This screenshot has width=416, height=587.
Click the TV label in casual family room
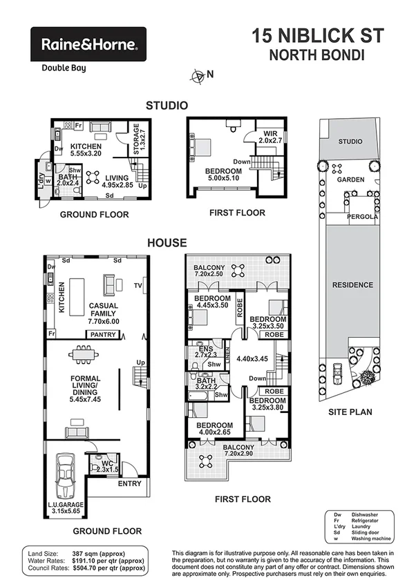pyautogui.click(x=138, y=285)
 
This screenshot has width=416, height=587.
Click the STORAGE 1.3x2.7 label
pyautogui.click(x=136, y=140)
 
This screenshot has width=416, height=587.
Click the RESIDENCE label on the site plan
pyautogui.click(x=352, y=285)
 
